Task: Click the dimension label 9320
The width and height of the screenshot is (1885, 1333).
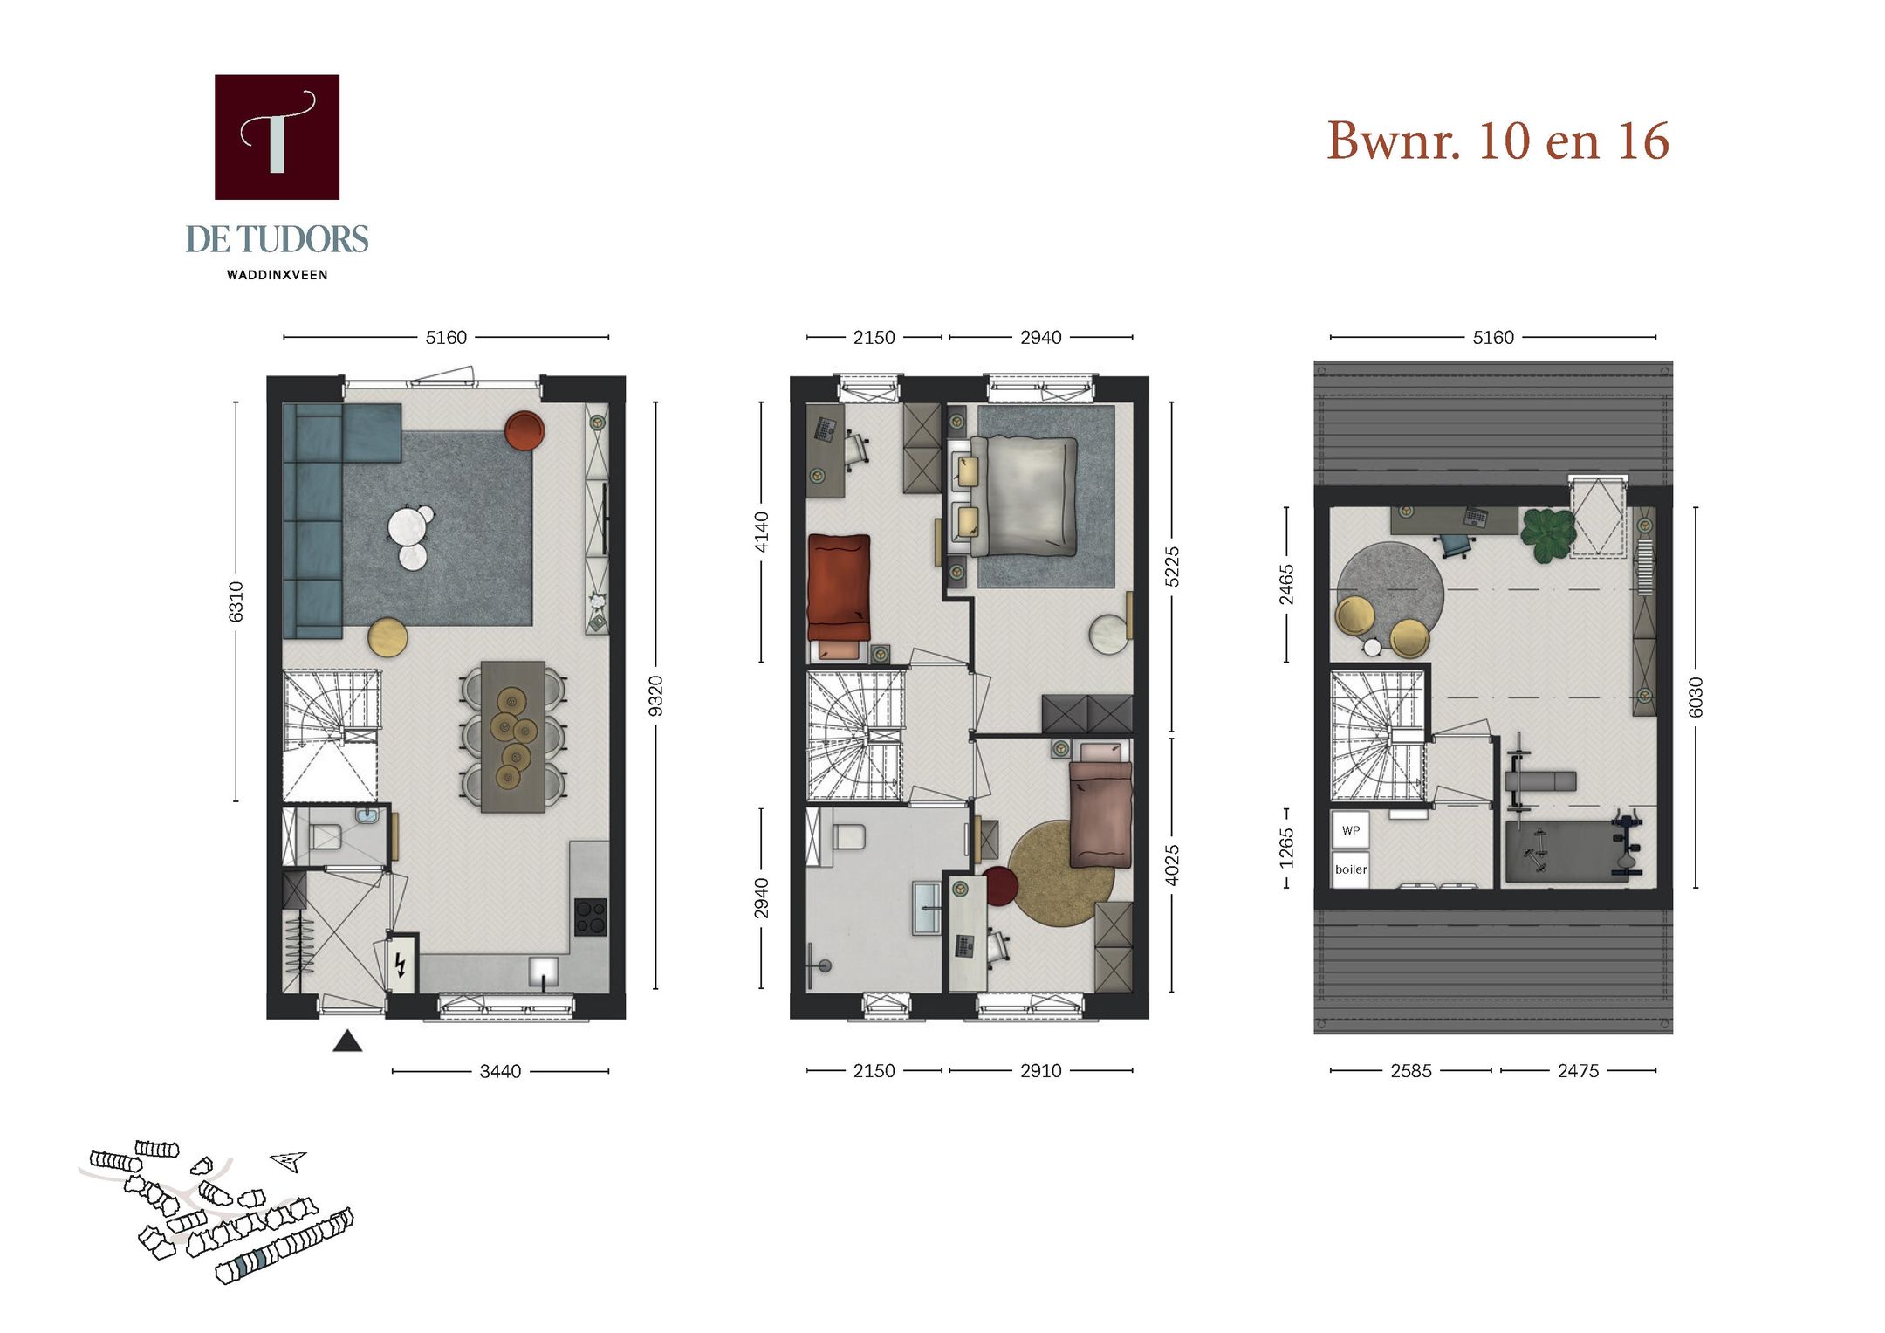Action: tap(656, 696)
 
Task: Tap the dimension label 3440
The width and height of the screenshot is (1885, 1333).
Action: tap(500, 1071)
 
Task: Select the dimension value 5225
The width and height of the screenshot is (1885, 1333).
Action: tap(1172, 567)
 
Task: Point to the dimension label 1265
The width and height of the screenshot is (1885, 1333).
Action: tap(1286, 849)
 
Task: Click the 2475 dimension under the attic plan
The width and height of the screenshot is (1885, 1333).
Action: tap(1578, 1071)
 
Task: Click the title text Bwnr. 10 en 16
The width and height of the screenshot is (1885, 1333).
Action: tap(1498, 141)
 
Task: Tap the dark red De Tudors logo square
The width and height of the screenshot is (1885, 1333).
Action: tap(277, 137)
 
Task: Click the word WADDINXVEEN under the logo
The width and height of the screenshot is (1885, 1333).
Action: tap(277, 275)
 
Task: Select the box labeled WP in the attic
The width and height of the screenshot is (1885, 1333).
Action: tap(1350, 830)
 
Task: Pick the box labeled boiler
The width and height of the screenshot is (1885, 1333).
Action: tap(1350, 869)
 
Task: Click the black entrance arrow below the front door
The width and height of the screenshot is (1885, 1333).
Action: tap(347, 1041)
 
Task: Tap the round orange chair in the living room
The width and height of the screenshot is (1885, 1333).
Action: tap(524, 430)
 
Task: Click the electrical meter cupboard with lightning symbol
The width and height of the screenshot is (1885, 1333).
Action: tap(401, 964)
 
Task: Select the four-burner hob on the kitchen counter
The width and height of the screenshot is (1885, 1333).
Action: tap(590, 916)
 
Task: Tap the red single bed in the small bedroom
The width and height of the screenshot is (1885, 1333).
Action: tap(839, 587)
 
